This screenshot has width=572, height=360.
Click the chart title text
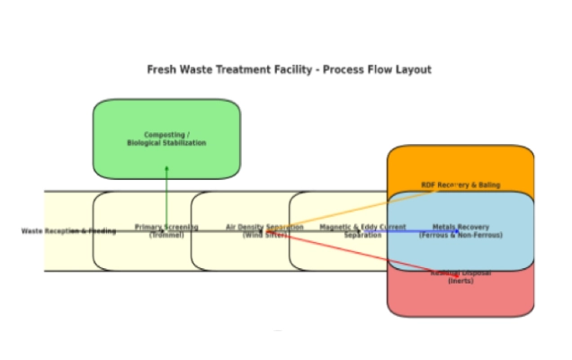pos(289,69)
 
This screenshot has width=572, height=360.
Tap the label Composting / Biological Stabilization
pos(166,139)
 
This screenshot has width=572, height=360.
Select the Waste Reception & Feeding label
pos(68,231)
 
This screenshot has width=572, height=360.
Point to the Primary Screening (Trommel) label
pos(166,230)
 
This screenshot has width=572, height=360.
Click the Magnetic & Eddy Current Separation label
pos(362,230)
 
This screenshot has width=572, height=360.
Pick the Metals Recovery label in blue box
pos(460,230)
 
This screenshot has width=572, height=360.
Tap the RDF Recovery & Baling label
pos(460,185)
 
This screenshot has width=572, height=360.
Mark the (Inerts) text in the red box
pos(460,281)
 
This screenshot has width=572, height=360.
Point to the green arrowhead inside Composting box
pos(166,168)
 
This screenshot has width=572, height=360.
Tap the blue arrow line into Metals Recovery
pos(423,231)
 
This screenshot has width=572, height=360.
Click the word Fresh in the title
pos(162,69)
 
